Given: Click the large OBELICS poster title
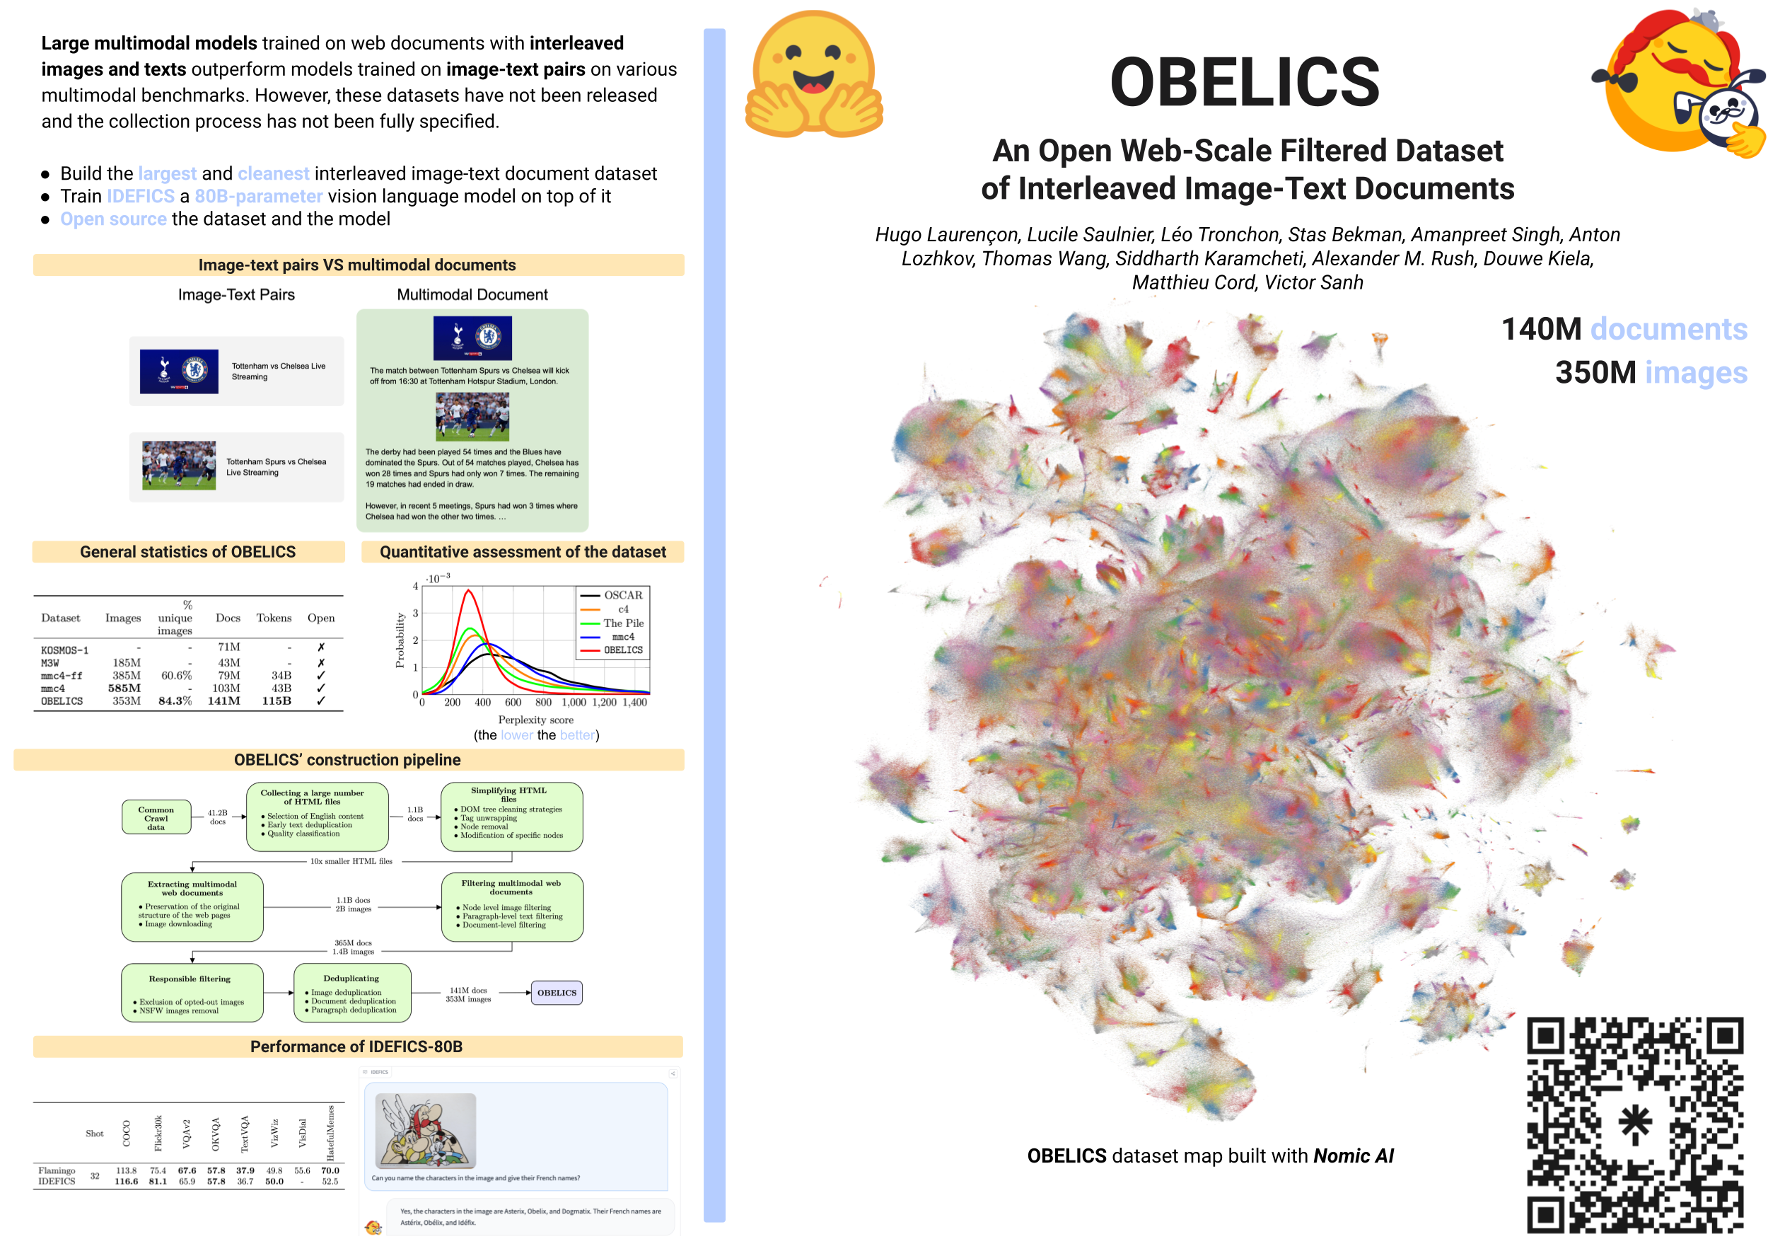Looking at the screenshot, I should coord(1245,83).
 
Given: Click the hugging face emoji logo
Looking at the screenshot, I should coord(813,75).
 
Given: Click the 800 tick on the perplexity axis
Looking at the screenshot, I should coord(543,703).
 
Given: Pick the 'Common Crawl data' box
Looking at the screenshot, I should coord(156,817).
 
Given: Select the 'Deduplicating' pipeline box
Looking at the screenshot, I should coord(352,993).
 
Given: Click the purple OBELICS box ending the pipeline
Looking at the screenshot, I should coord(556,993).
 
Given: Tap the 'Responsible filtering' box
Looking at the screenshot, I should coord(192,993).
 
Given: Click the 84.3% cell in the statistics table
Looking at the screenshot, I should coord(175,701).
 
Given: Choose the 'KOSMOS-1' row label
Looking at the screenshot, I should coord(64,650).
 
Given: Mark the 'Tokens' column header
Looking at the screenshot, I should coord(274,618).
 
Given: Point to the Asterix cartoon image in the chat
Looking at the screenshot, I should coord(425,1130).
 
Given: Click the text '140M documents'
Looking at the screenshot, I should coord(1623,329).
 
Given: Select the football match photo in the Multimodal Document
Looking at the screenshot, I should coord(472,417).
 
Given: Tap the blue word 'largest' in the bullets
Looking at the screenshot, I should coord(167,174).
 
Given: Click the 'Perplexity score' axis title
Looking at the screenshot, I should coord(535,720).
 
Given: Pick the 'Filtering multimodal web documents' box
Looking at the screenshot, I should coord(511,906).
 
